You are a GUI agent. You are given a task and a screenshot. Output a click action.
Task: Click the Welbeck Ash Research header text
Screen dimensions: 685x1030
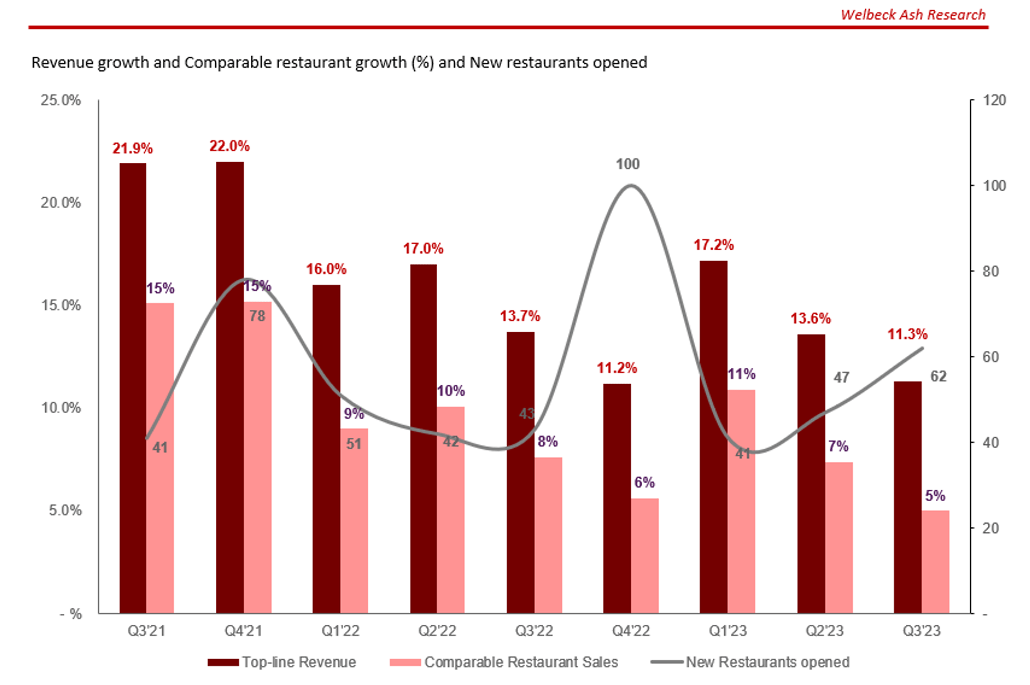913,14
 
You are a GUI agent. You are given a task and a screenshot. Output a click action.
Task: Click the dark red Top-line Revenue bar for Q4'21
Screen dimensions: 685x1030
230,386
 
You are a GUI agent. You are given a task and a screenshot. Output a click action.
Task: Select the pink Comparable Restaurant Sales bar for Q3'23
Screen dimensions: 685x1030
935,561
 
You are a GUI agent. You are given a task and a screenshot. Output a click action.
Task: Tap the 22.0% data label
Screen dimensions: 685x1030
229,146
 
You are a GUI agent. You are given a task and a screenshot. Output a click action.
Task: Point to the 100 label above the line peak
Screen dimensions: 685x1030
627,164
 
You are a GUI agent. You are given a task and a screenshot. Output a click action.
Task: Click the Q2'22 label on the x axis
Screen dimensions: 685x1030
437,630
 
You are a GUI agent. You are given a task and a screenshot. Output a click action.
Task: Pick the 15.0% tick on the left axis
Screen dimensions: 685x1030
61,305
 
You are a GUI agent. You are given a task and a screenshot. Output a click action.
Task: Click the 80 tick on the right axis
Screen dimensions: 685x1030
994,271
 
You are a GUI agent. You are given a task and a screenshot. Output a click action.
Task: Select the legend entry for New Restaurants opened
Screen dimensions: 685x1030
767,662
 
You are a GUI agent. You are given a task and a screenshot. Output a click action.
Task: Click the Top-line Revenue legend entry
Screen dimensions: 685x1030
299,662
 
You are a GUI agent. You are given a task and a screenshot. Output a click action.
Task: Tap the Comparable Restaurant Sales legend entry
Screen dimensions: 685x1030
521,662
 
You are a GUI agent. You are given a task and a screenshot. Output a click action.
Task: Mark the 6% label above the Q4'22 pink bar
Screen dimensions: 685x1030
644,483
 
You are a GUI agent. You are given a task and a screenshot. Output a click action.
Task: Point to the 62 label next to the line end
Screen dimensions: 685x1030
938,376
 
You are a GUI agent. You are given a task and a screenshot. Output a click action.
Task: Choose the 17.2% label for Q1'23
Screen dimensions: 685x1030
713,245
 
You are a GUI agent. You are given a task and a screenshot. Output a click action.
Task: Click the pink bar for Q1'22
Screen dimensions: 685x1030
354,520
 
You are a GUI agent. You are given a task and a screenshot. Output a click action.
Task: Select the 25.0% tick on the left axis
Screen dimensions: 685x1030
61,100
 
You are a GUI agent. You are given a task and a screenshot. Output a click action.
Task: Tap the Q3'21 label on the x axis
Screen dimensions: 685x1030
146,630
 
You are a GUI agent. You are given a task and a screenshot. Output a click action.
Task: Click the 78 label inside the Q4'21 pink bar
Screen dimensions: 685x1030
257,316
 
